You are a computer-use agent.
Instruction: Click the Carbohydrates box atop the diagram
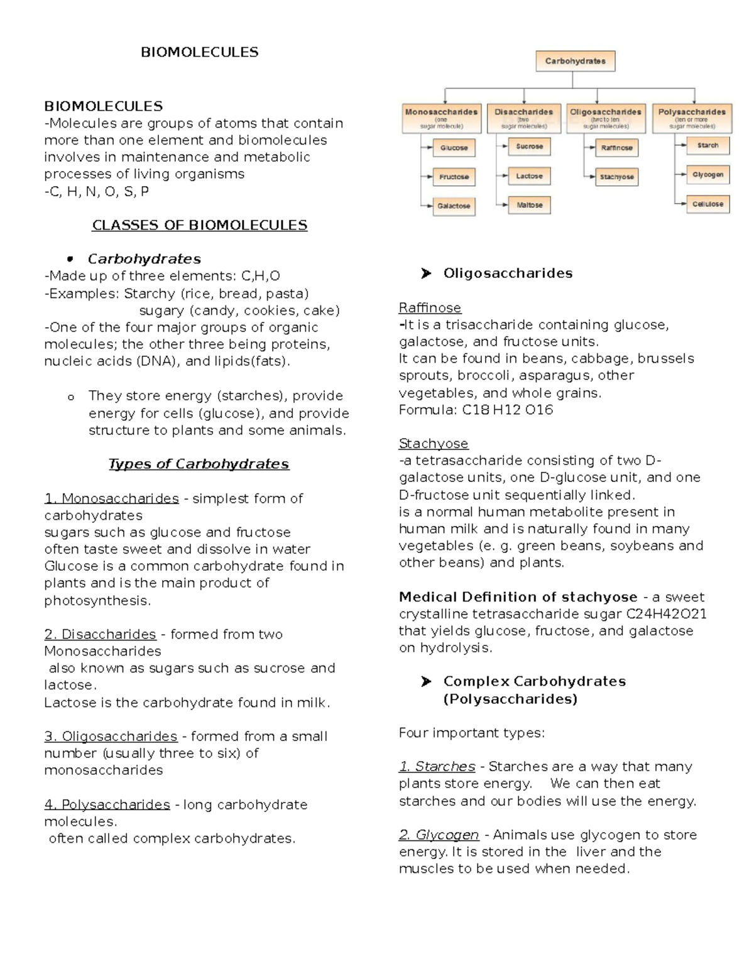575,62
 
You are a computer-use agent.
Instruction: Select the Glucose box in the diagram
454,148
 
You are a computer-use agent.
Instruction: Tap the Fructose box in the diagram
454,177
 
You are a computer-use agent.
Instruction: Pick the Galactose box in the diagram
454,206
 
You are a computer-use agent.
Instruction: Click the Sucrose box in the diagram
529,146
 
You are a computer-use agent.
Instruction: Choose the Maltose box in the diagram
529,205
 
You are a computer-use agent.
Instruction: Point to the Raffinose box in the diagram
616,148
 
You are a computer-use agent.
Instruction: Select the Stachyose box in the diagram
616,177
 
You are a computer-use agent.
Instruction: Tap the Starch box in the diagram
708,145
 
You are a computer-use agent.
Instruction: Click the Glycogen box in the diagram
708,175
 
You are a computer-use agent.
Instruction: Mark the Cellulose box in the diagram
708,204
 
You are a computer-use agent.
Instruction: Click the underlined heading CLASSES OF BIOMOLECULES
199,225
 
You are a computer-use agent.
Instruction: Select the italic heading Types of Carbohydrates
199,464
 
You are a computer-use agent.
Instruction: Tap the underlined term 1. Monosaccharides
111,498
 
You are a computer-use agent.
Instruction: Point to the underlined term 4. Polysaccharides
107,804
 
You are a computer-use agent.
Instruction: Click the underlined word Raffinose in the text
430,308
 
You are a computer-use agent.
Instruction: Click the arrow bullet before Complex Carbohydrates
426,682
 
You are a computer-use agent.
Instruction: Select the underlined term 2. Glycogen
439,835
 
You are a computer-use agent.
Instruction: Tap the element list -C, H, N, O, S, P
96,191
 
